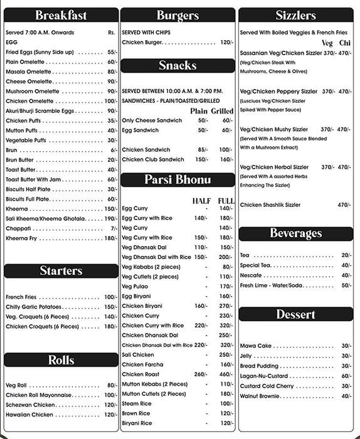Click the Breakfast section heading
[x=61, y=16]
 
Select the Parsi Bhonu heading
[x=177, y=180]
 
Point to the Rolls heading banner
[x=61, y=360]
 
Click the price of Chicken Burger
[x=226, y=42]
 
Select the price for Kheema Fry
[x=110, y=238]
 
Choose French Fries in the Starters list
[x=23, y=297]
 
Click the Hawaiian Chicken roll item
[x=29, y=415]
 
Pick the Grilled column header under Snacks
[x=221, y=111]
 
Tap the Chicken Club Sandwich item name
[x=153, y=159]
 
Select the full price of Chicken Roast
[x=226, y=374]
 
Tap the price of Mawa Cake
[x=346, y=346]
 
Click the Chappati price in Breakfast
[x=114, y=228]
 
